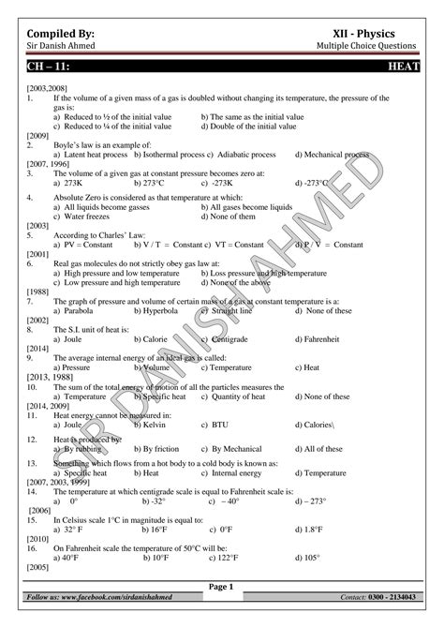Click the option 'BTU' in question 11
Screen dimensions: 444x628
224,425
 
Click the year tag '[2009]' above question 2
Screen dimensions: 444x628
38,135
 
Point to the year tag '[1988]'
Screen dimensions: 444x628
38,292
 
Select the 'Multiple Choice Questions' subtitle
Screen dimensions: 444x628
367,47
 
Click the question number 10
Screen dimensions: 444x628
33,386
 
